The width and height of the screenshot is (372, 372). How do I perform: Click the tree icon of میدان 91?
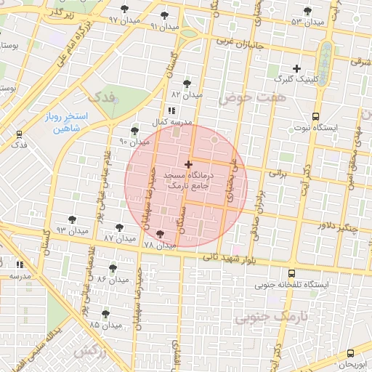click(164, 15)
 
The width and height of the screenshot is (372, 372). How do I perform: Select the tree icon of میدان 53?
click(307, 11)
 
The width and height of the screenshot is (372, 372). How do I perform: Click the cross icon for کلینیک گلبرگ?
click(296, 68)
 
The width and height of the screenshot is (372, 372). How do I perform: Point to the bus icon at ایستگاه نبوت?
click(315, 116)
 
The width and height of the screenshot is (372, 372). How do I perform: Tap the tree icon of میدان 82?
click(187, 84)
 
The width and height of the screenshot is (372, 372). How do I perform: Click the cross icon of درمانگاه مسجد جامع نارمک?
click(189, 165)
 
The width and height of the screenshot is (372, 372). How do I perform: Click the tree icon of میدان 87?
click(118, 226)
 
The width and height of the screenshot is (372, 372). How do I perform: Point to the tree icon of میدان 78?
click(159, 234)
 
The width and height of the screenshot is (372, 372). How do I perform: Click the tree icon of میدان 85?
click(105, 313)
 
